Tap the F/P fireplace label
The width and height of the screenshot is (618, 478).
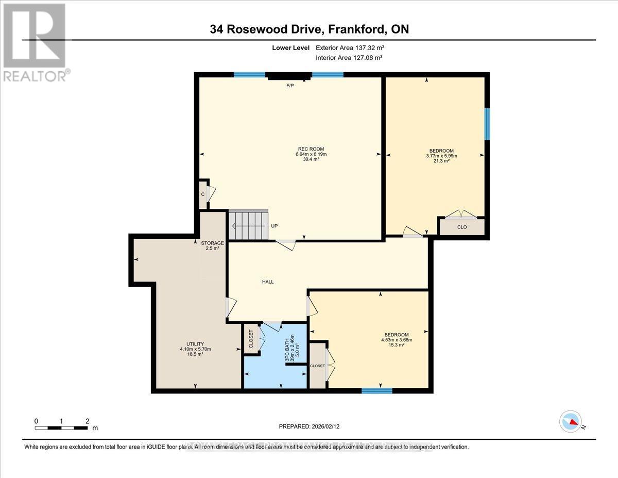pyautogui.click(x=290, y=86)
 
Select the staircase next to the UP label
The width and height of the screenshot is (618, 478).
pyautogui.click(x=249, y=226)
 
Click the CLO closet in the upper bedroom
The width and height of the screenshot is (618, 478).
pyautogui.click(x=462, y=226)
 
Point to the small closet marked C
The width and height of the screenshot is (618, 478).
pyautogui.click(x=203, y=194)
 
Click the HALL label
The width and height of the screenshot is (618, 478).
pyautogui.click(x=268, y=282)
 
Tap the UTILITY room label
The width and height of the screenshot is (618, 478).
pyautogui.click(x=195, y=344)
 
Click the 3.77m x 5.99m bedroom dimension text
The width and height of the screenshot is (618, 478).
pyautogui.click(x=442, y=156)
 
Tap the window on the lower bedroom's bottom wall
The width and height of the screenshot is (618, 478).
pyautogui.click(x=376, y=390)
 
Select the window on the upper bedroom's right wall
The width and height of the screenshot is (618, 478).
pyautogui.click(x=487, y=124)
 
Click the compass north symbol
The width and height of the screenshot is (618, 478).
pyautogui.click(x=571, y=422)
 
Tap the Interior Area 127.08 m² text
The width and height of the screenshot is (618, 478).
pyautogui.click(x=349, y=58)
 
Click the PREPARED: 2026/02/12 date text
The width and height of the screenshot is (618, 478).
pyautogui.click(x=308, y=426)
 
